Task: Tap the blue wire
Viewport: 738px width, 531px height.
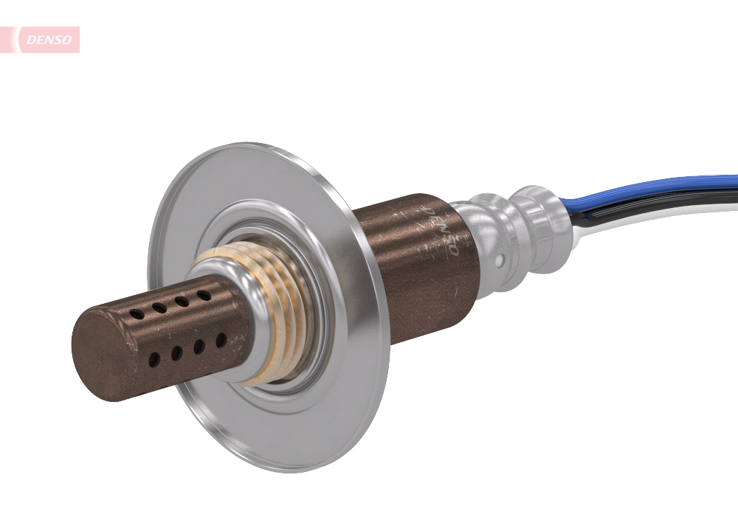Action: pyautogui.click(x=649, y=188)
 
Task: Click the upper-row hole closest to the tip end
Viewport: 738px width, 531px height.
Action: pyautogui.click(x=137, y=314)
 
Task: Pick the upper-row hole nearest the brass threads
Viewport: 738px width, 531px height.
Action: pyautogui.click(x=202, y=295)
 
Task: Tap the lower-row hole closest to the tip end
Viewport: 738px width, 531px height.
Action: pyautogui.click(x=154, y=361)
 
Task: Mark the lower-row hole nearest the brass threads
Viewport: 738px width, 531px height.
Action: pyautogui.click(x=221, y=340)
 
